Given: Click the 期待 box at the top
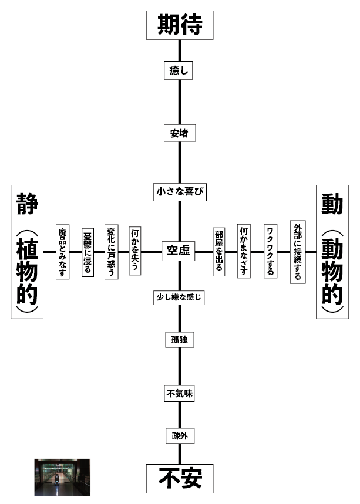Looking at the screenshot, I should pos(180,25).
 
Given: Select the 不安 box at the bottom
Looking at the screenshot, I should pos(180,478).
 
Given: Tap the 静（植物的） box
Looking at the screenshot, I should pos(27,252).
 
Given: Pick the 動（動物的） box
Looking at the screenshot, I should pos(332,252).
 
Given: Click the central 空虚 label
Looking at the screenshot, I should pos(179,251).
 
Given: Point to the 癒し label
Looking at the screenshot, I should pos(179,70).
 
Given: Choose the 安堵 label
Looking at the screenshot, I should pos(179,133).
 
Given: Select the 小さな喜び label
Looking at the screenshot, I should pos(180,192).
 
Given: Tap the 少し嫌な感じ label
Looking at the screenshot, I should pos(179,297).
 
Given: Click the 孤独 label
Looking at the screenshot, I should pos(179,340).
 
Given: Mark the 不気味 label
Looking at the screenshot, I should pos(179,394).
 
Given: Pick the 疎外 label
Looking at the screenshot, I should pos(179,436).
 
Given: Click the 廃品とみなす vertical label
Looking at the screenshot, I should pos(62,252).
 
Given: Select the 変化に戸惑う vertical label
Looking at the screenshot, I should pos(111,252).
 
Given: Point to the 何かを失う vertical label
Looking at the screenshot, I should pos(135,252).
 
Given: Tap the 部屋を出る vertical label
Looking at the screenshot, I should pos(218,252).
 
